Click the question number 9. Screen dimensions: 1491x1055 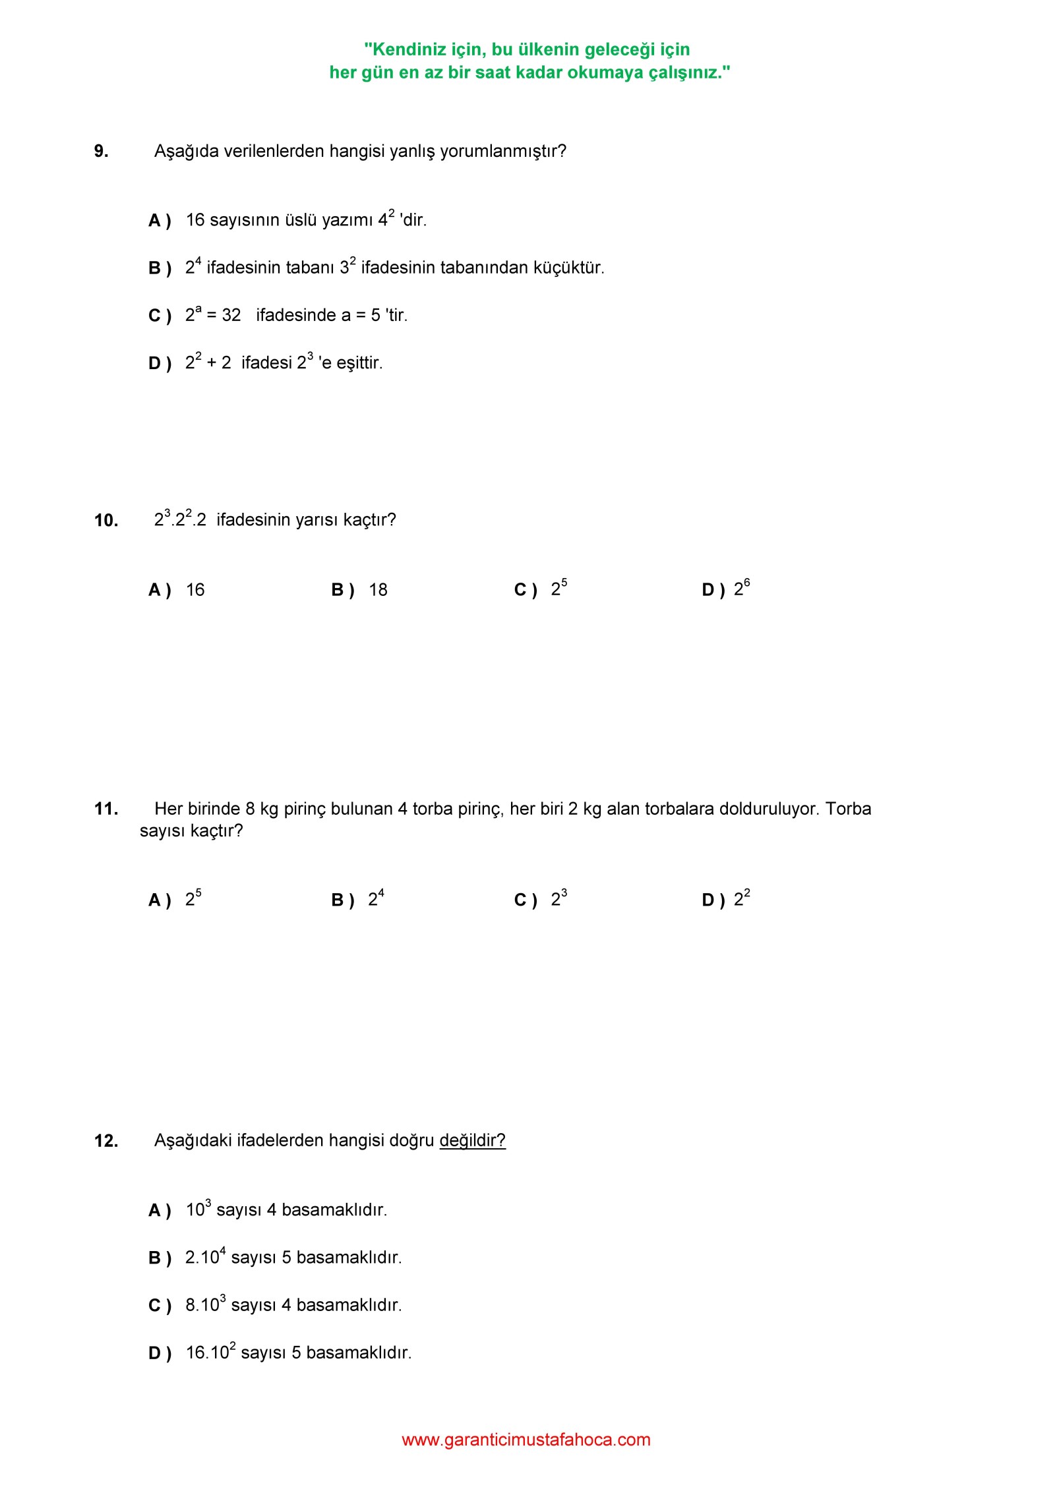point(101,152)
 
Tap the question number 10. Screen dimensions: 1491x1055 point(106,521)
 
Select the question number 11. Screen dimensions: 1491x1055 point(106,809)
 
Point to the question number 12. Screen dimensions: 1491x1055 point(106,1141)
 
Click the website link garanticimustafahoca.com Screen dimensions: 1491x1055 point(526,1440)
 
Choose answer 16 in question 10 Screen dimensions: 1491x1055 point(195,590)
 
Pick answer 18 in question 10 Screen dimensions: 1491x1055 point(378,590)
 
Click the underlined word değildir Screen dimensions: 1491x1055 point(472,1140)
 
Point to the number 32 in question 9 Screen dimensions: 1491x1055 point(231,315)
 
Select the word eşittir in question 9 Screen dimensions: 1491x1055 point(359,363)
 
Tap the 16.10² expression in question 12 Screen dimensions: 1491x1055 point(210,1353)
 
